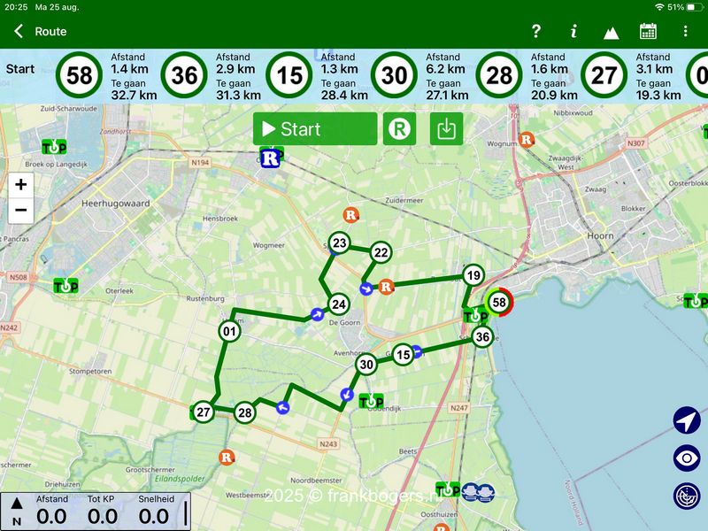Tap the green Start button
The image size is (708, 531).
click(x=315, y=129)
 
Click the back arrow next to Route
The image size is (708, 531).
click(x=19, y=32)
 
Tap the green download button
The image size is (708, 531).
click(x=447, y=129)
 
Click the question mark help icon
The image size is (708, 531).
click(x=535, y=32)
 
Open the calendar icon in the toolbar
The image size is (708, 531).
click(x=648, y=32)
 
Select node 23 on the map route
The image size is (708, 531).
click(x=340, y=242)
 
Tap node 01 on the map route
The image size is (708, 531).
click(x=229, y=332)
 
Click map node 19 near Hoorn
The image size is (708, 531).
click(x=473, y=275)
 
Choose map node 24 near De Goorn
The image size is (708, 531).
click(x=338, y=304)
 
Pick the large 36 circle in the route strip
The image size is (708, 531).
click(x=184, y=76)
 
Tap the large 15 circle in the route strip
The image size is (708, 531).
click(x=289, y=76)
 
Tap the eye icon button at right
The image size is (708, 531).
click(x=687, y=458)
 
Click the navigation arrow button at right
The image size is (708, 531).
click(x=687, y=420)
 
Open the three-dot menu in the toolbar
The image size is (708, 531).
click(x=685, y=32)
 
